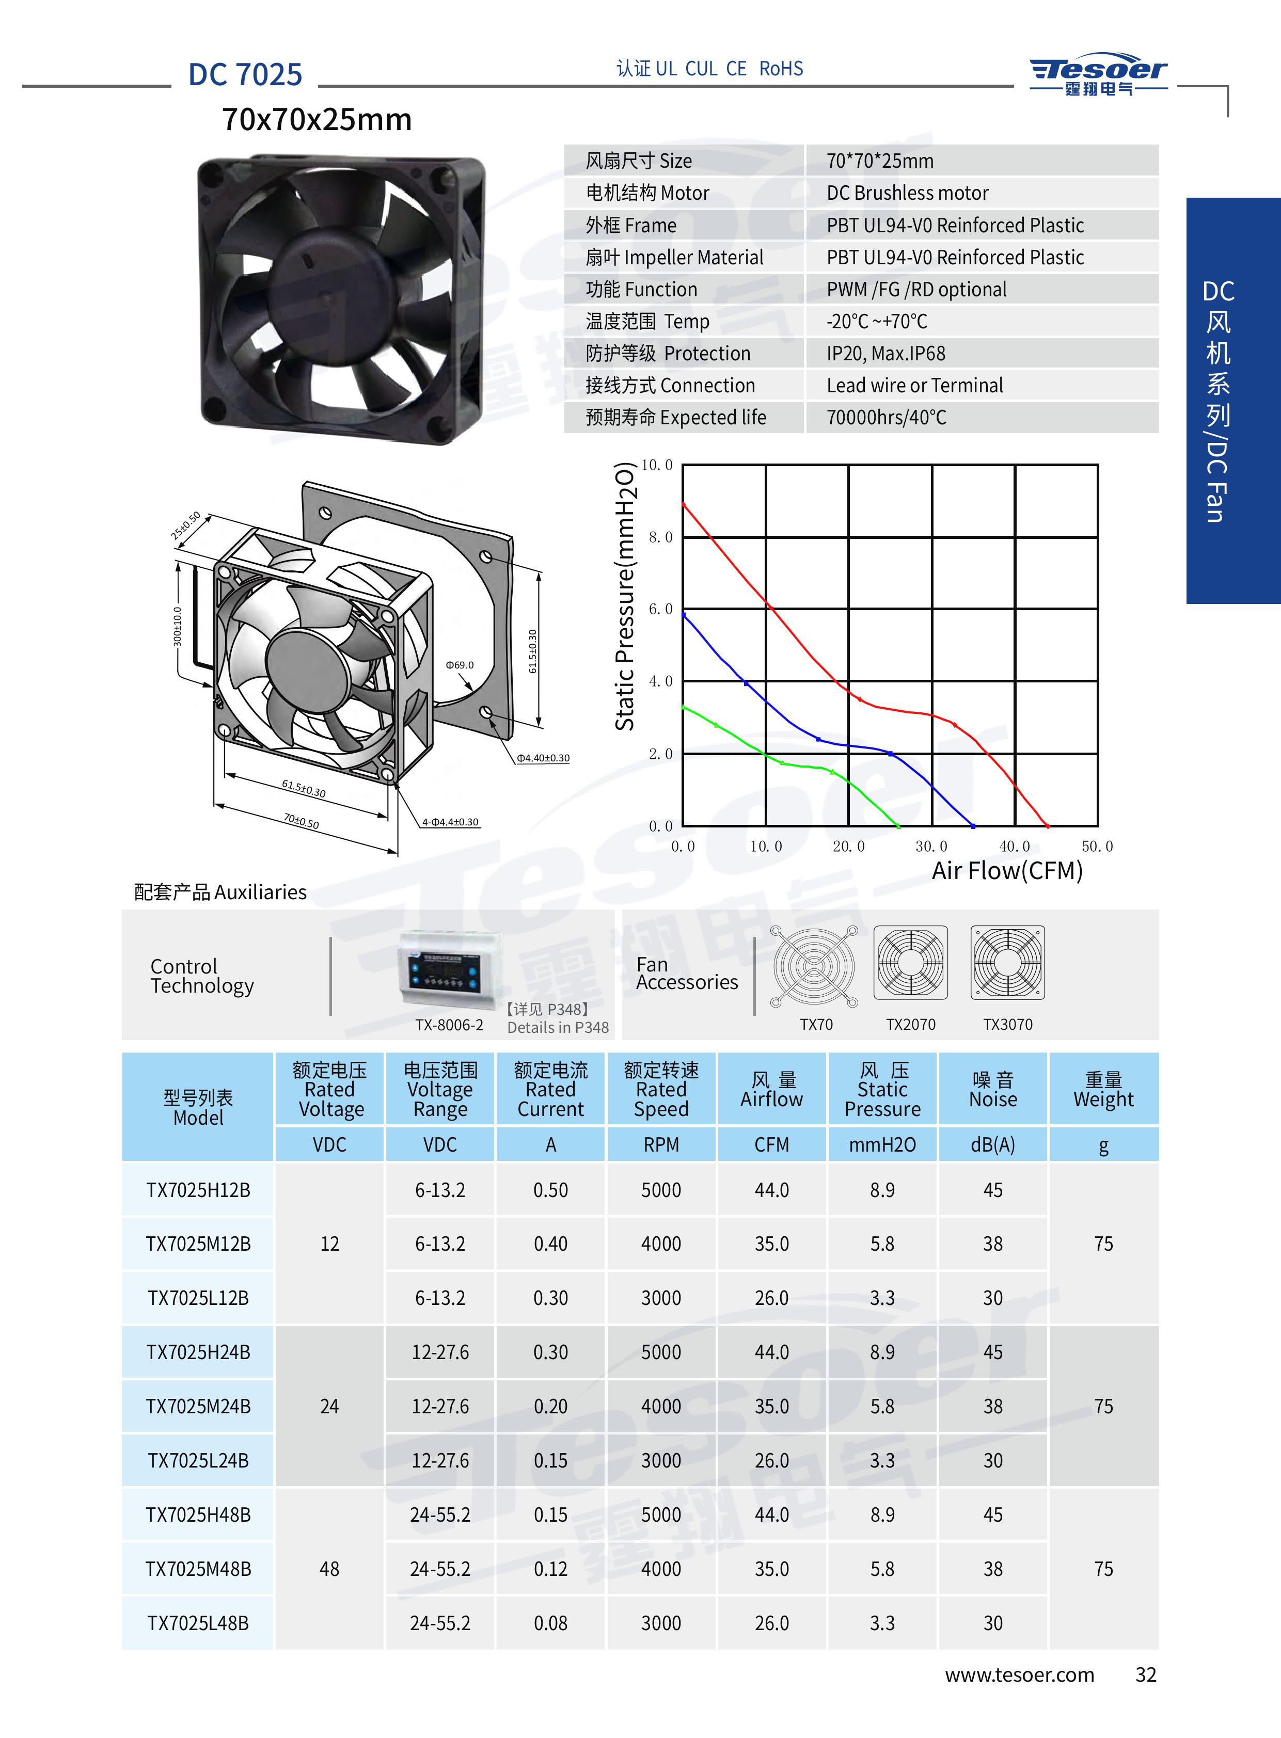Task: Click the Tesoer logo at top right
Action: pyautogui.click(x=1098, y=76)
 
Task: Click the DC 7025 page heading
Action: pyautogui.click(x=245, y=74)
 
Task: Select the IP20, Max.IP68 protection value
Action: pyautogui.click(x=885, y=354)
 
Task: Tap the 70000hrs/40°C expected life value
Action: pyautogui.click(x=887, y=418)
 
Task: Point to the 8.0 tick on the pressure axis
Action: pyautogui.click(x=660, y=536)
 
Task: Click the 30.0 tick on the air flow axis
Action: pyautogui.click(x=931, y=847)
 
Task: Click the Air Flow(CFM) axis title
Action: pyautogui.click(x=1007, y=871)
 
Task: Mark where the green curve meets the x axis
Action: pyautogui.click(x=899, y=825)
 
